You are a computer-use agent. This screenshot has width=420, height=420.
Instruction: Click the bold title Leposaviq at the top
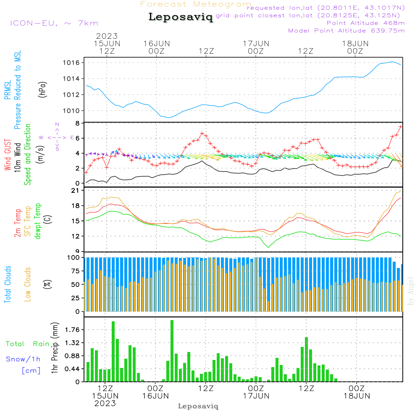click(181, 17)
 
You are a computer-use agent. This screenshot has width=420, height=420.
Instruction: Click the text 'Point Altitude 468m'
click(365, 23)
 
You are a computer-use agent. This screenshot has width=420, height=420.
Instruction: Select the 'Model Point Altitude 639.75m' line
click(346, 30)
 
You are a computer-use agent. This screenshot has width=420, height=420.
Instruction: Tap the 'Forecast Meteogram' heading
click(196, 4)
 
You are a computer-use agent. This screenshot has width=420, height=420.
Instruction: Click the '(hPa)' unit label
click(42, 89)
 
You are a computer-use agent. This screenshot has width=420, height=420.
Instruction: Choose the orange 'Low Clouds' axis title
click(28, 284)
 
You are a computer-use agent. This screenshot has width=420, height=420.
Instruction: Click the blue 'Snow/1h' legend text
click(23, 359)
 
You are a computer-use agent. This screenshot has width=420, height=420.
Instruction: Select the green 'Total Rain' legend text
click(27, 344)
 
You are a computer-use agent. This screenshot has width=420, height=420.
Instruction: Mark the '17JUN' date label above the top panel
click(256, 43)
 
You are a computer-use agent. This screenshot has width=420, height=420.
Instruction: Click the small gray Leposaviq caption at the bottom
click(198, 406)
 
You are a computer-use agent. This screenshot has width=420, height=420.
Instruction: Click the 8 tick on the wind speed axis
click(77, 123)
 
